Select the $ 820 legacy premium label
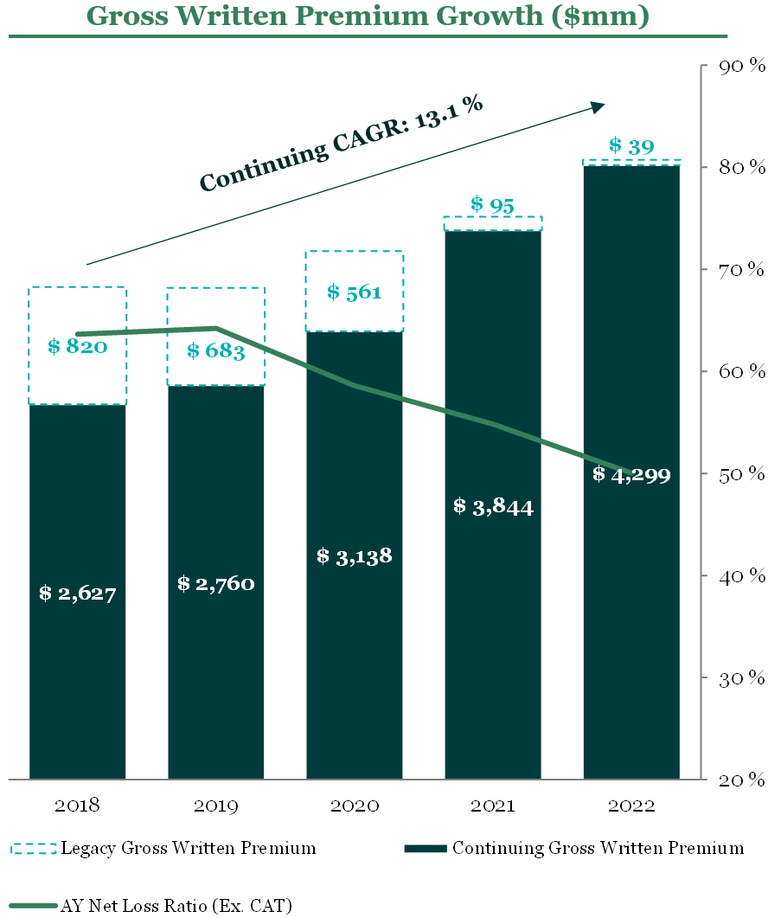[x=77, y=347]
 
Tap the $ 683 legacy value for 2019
[x=216, y=351]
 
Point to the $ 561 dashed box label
[x=354, y=292]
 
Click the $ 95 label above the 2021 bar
[x=492, y=205]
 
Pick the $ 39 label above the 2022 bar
[x=630, y=146]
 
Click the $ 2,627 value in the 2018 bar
[x=77, y=594]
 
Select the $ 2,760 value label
[x=215, y=584]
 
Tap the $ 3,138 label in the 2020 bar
[x=354, y=555]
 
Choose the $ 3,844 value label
[x=493, y=506]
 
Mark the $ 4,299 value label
[x=631, y=474]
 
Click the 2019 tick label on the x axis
[x=215, y=806]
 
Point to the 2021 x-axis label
[x=493, y=806]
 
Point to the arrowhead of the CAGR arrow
[x=598, y=106]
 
